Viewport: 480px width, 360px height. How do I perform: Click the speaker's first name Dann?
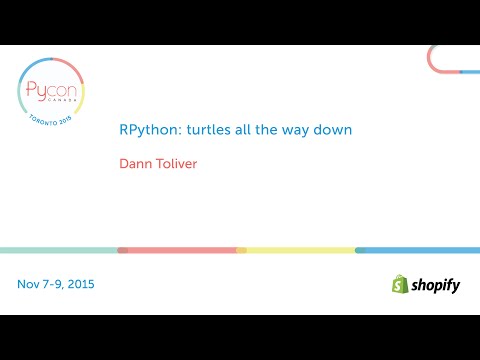tap(134, 163)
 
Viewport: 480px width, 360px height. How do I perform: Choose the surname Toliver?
tap(176, 163)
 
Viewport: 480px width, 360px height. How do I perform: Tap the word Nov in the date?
tap(29, 284)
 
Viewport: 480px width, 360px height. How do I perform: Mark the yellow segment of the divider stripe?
tap(298, 250)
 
